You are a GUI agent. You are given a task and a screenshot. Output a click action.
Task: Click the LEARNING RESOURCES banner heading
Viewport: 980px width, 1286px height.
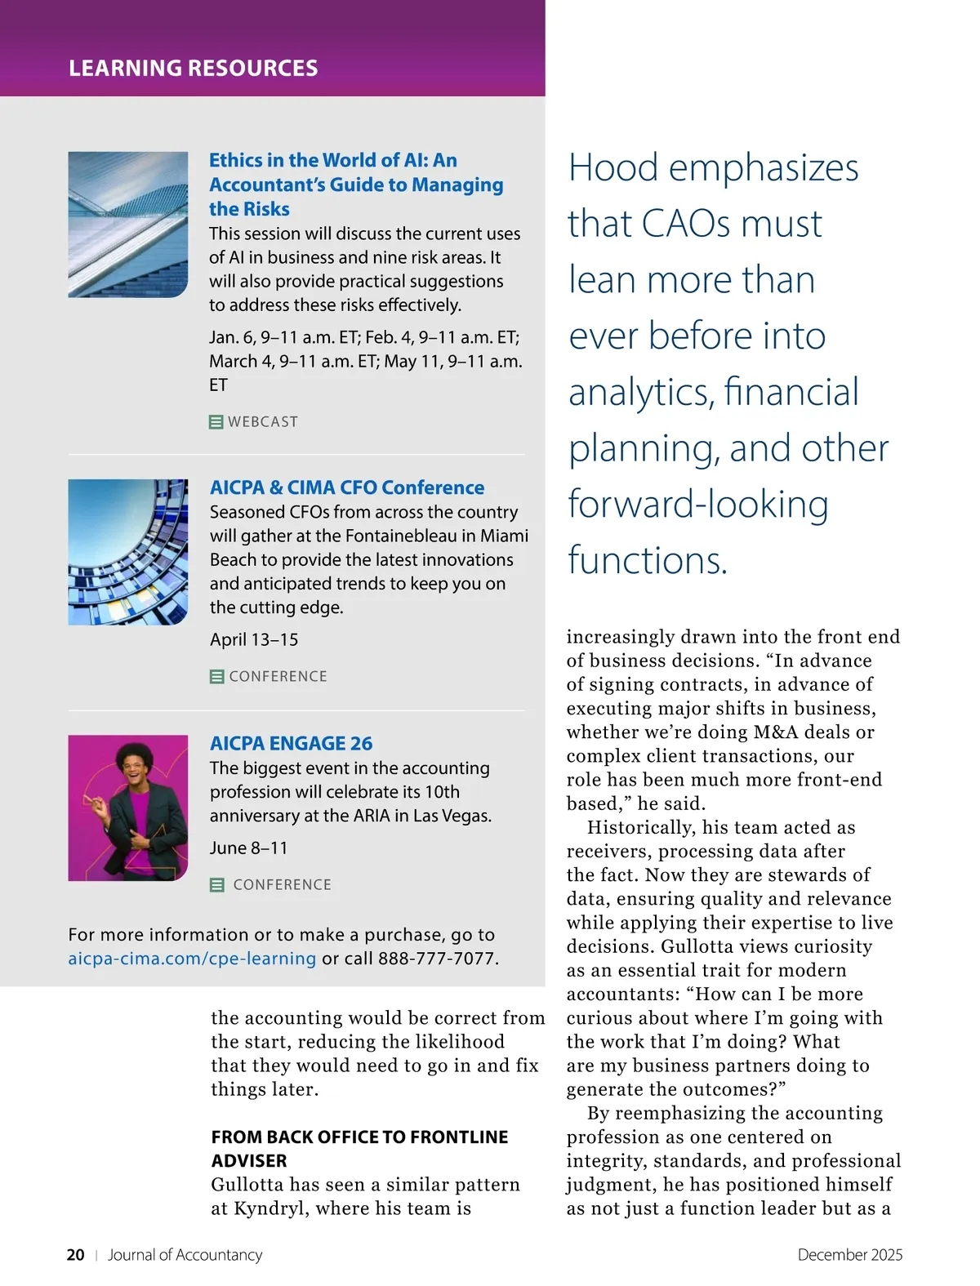point(193,68)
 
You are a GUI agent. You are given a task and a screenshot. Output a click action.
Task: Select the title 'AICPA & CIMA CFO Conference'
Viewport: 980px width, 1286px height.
point(346,487)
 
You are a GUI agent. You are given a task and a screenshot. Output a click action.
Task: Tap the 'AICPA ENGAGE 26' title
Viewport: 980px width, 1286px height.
point(291,743)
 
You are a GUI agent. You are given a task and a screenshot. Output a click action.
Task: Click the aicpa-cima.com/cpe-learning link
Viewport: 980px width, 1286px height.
point(192,959)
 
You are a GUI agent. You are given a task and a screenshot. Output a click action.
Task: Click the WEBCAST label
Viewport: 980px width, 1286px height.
point(263,422)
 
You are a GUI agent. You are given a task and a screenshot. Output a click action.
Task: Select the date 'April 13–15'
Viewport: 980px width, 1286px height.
point(254,639)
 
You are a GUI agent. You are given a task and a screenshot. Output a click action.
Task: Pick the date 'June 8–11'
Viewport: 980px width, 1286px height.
point(248,848)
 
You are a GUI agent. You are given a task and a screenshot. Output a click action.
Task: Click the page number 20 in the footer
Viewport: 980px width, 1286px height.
point(75,1255)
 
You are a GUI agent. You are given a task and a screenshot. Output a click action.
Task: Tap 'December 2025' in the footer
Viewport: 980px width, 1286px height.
point(849,1255)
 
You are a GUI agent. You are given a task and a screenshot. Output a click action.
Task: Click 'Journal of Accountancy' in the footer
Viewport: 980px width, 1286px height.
point(185,1255)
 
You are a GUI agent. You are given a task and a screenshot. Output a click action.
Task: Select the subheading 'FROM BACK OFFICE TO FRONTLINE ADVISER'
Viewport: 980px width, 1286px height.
point(359,1148)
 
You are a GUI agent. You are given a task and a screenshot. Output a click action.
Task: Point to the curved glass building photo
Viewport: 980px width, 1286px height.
point(127,552)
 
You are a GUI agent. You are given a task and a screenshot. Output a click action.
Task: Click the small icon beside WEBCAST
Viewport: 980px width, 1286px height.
point(216,422)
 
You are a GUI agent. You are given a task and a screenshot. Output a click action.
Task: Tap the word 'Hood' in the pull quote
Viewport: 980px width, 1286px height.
point(612,167)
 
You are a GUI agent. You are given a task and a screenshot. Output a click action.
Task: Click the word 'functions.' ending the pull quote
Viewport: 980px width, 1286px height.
point(647,560)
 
